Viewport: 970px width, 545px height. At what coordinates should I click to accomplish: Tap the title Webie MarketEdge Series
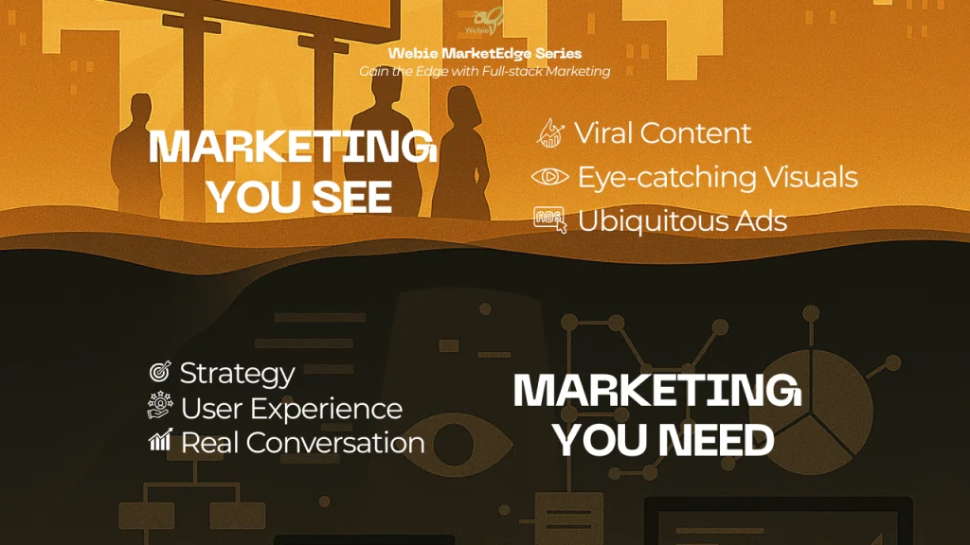(x=485, y=54)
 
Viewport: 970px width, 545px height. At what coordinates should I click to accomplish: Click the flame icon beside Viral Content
(x=549, y=133)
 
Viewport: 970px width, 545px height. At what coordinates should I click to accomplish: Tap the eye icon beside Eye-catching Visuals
(x=549, y=177)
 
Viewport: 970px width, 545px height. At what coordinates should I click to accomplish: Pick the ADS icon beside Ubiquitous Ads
(x=549, y=220)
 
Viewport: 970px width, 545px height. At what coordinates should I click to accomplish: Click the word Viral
(x=603, y=133)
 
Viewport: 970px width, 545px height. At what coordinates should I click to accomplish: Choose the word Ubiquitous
(x=647, y=220)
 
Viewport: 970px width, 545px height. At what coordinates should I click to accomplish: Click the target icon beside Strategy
(x=160, y=373)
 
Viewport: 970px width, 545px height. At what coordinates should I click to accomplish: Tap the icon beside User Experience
(x=160, y=408)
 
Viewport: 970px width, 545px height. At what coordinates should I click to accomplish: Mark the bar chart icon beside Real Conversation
(x=160, y=442)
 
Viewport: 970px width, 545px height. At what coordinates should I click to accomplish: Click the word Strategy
(x=237, y=373)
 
